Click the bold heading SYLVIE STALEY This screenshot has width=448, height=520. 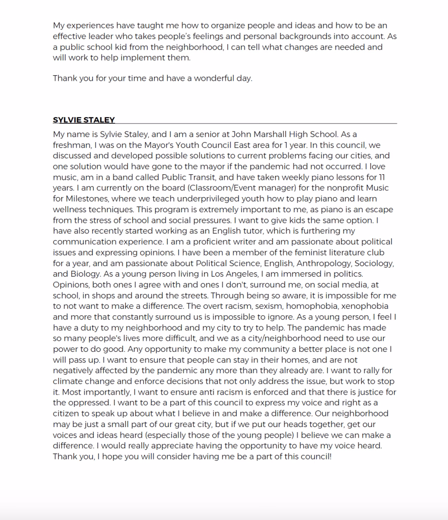click(x=84, y=120)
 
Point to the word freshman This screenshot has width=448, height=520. click(x=71, y=145)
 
